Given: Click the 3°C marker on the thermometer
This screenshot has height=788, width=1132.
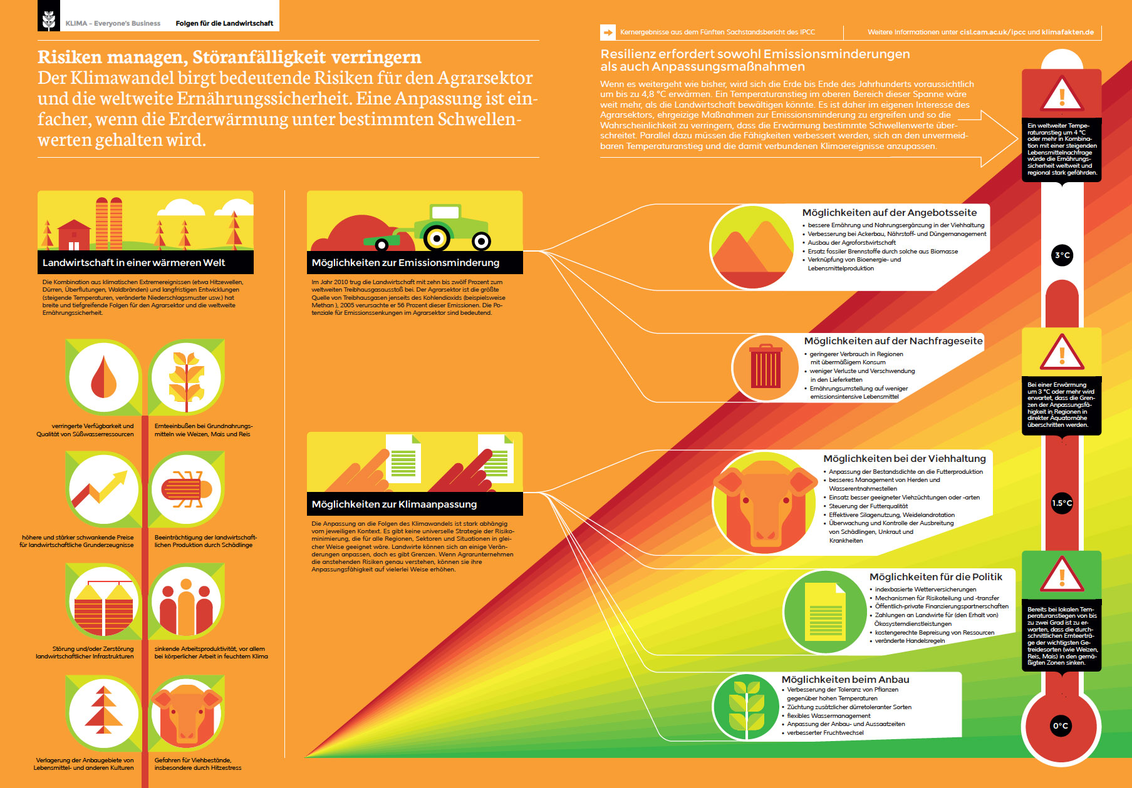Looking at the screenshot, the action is (1062, 255).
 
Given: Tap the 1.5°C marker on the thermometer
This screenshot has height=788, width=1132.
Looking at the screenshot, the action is (1062, 503).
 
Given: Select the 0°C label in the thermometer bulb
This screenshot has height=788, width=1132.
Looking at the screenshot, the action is (1061, 726).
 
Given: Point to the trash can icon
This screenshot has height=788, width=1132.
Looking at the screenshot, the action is (766, 367).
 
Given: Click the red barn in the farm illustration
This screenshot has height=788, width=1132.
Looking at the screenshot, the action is (74, 235).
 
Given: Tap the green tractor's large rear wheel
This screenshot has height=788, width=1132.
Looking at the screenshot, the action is (437, 238).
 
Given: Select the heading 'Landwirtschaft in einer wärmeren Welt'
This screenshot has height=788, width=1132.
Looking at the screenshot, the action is (133, 263).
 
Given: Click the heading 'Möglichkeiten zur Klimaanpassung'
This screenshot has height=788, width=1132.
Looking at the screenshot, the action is (394, 504).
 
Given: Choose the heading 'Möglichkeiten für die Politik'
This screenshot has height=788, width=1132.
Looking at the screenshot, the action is (936, 577).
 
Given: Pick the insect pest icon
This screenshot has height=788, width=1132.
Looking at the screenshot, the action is (186, 489).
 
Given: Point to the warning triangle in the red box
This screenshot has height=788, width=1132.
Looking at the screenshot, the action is (1062, 94).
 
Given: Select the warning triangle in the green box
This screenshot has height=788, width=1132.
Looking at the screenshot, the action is (1062, 574).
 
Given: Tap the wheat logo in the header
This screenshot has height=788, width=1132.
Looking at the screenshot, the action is (49, 20).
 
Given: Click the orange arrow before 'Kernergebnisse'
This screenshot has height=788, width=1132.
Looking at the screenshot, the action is (608, 32).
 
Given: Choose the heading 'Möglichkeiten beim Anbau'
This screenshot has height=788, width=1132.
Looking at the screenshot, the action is (845, 680).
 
